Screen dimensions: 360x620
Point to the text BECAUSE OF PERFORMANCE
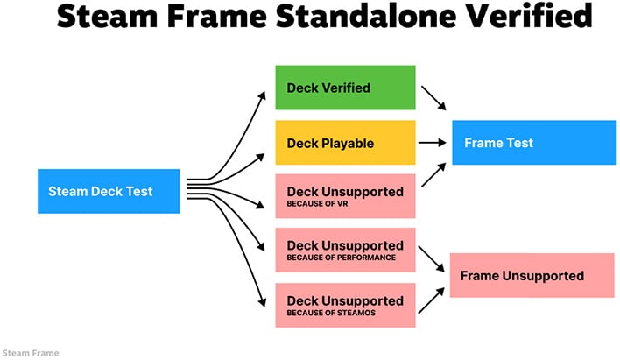(x=341, y=258)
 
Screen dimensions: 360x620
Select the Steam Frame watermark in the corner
(x=31, y=353)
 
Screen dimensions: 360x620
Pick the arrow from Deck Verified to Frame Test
(x=434, y=98)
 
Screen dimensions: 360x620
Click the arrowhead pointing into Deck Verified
(x=263, y=94)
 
